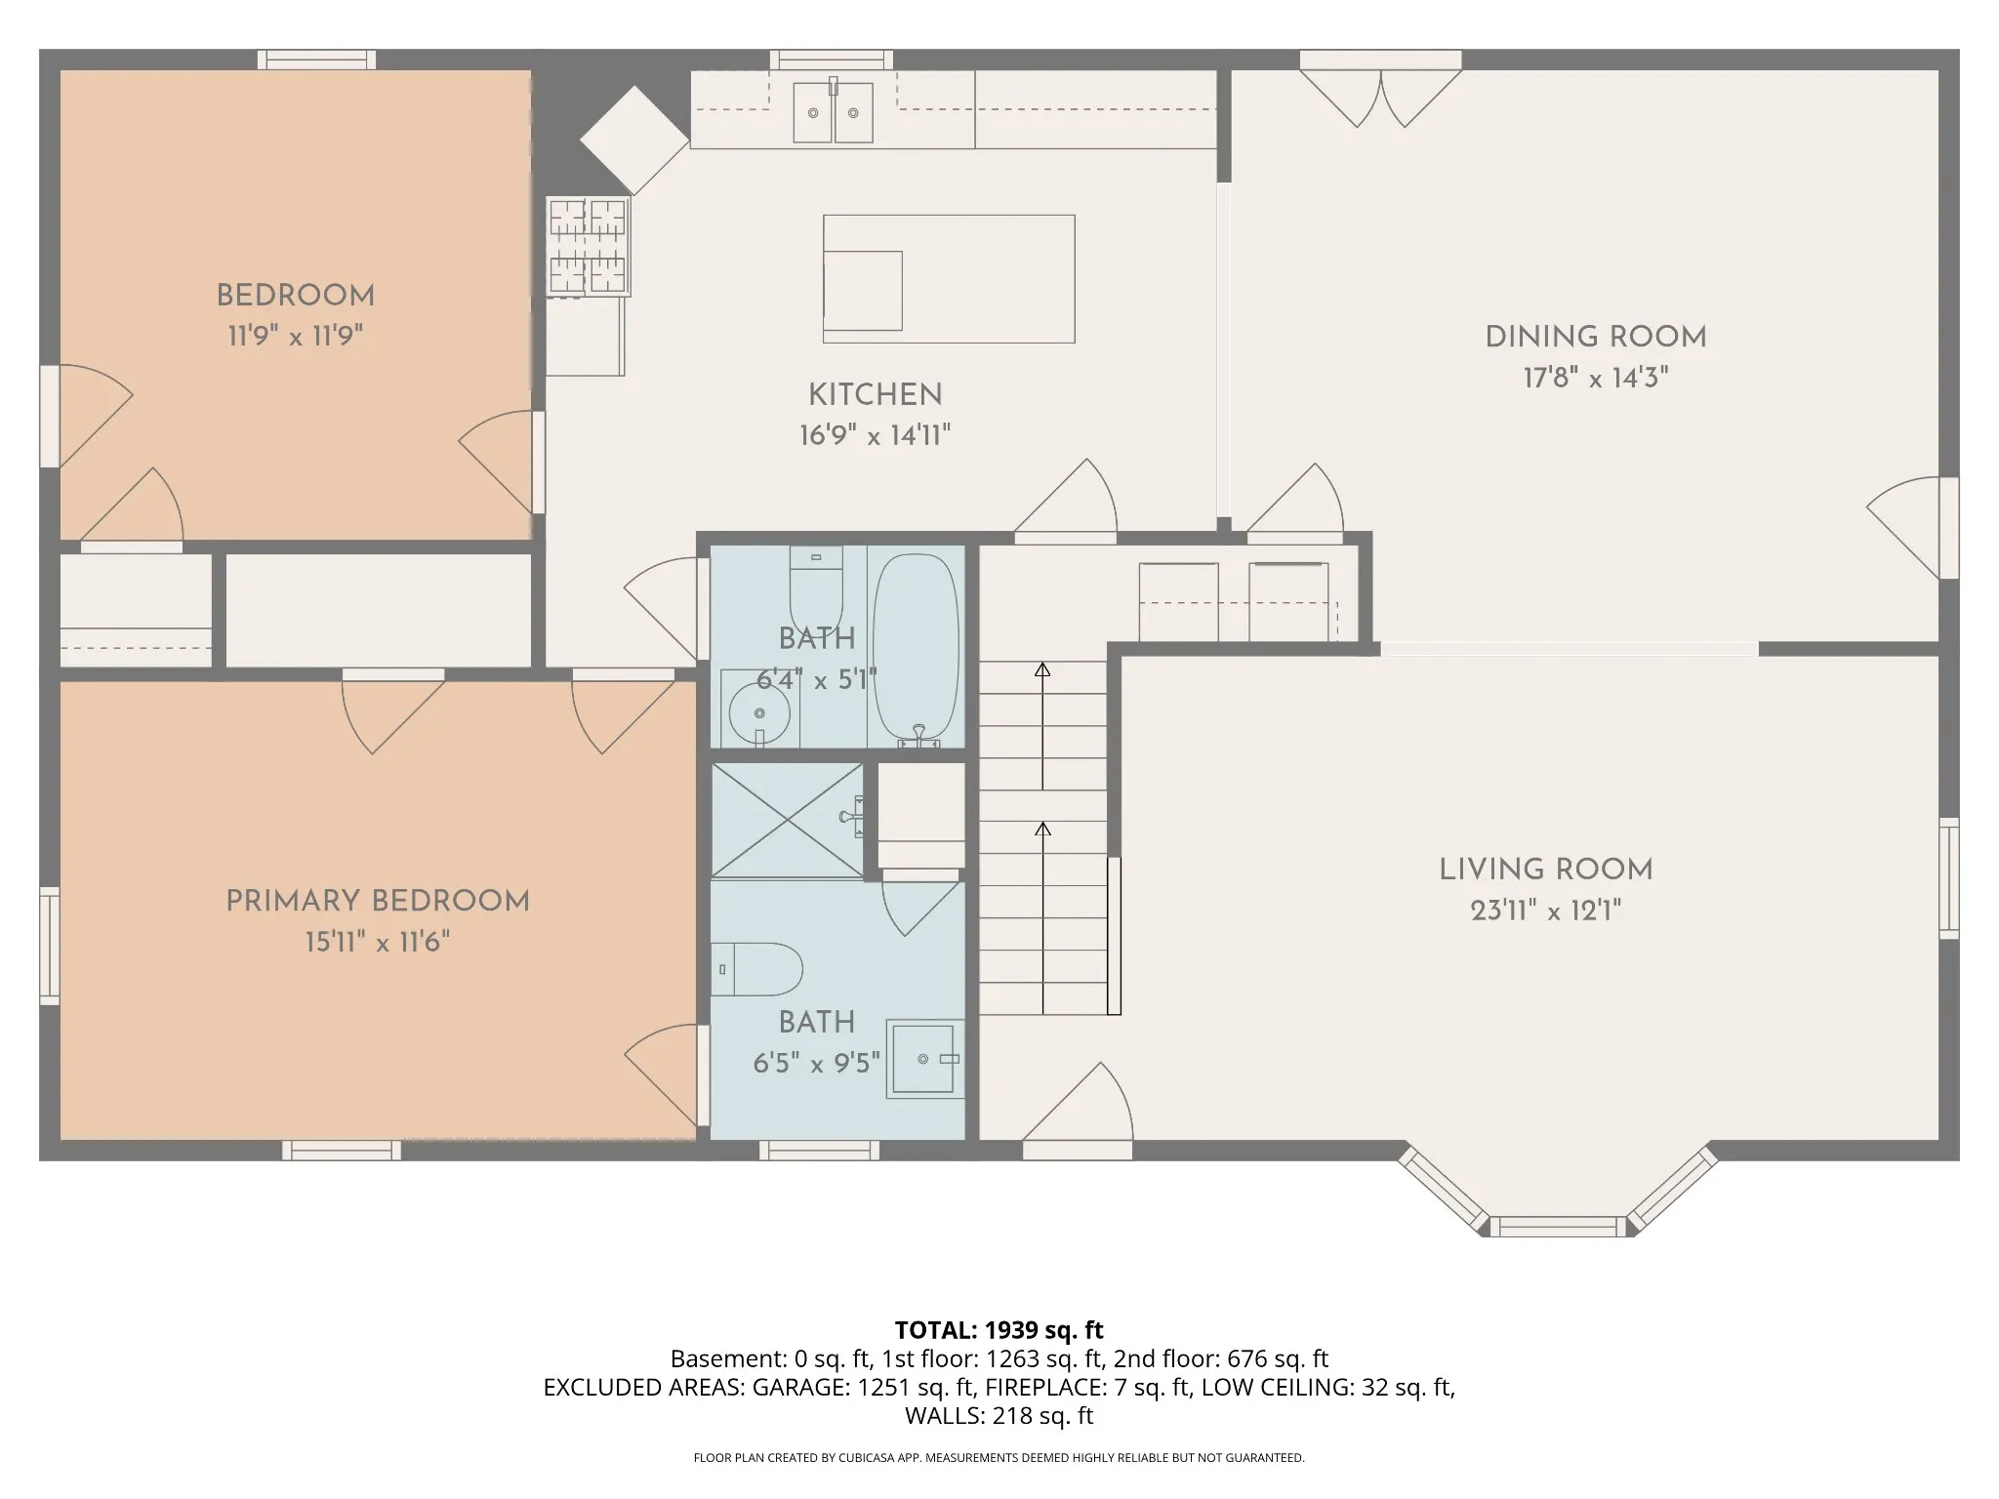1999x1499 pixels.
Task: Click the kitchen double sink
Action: click(833, 111)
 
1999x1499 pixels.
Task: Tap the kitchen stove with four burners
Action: click(588, 246)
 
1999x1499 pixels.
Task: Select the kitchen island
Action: click(949, 279)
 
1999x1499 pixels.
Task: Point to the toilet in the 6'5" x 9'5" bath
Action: click(756, 969)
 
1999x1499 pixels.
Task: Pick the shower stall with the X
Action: click(788, 820)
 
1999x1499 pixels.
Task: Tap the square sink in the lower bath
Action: click(923, 1059)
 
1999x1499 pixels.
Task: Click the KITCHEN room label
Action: click(876, 394)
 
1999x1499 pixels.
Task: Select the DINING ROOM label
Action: click(1596, 337)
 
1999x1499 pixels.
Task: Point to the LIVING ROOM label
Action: click(1546, 870)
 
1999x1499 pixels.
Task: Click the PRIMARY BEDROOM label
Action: click(378, 901)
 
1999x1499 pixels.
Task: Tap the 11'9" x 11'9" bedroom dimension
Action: click(296, 337)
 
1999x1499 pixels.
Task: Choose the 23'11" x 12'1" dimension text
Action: click(1546, 911)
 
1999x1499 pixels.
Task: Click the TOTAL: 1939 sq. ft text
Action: click(999, 1330)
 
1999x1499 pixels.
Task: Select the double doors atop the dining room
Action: click(1380, 89)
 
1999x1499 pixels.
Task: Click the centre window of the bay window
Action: click(1560, 1227)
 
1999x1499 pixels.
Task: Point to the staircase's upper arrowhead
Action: click(1042, 669)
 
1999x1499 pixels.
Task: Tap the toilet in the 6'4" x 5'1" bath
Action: click(816, 589)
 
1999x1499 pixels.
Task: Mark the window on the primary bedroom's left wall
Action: click(49, 946)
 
